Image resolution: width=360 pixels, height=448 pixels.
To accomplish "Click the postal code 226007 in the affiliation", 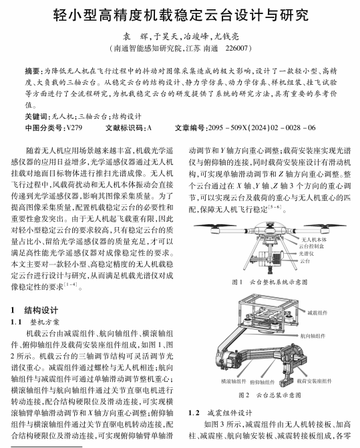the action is (236, 48).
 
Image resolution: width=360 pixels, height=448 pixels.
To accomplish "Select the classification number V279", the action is (74, 128).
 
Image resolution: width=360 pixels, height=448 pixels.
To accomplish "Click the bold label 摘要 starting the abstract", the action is (32, 71).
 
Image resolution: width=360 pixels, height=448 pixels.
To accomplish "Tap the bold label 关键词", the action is (36, 117).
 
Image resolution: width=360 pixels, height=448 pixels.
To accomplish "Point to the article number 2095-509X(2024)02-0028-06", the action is (262, 128).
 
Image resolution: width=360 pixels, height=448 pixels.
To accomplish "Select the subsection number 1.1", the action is (16, 322).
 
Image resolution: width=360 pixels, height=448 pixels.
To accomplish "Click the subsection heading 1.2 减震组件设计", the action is (220, 413).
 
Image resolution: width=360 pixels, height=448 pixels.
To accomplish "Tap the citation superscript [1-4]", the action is (70, 284).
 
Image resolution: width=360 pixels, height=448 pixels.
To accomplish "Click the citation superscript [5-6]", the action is (275, 207).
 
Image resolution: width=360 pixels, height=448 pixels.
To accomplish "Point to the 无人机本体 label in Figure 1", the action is (314, 240).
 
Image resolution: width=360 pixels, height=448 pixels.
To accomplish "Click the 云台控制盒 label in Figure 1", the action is (311, 246).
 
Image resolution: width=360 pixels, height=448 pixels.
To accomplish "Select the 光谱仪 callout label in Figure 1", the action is (307, 254).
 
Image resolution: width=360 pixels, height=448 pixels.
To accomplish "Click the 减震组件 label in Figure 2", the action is (317, 313).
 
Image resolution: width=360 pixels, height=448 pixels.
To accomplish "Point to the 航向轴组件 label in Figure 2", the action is (313, 336).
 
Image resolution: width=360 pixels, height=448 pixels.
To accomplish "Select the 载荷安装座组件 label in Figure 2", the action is (315, 381).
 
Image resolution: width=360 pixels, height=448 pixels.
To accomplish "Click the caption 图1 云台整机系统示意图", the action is (270, 282).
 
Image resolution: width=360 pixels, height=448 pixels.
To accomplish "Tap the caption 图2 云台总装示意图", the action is (270, 395).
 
